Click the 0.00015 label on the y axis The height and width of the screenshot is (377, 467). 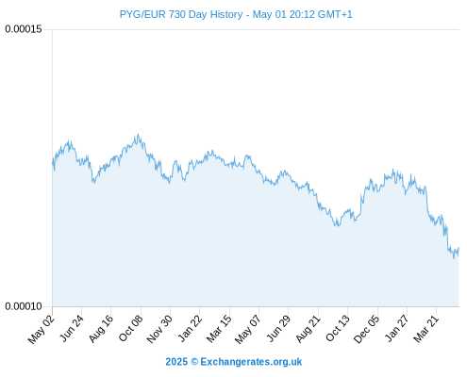(24, 29)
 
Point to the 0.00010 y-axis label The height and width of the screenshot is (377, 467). (24, 306)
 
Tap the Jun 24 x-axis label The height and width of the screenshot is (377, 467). (72, 328)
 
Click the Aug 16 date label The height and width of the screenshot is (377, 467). (101, 329)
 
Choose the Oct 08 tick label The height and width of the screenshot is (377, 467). (130, 328)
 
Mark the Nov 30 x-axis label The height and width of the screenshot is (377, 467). (159, 329)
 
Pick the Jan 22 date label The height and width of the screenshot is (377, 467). (190, 328)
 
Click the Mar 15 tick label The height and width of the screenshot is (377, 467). (219, 329)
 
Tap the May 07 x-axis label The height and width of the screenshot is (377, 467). (248, 329)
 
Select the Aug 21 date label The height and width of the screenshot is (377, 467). (308, 329)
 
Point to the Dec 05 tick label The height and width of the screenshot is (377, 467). (366, 329)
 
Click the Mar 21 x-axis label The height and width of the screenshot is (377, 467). (425, 329)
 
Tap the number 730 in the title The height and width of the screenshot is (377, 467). (176, 14)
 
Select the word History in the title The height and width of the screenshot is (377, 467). (226, 15)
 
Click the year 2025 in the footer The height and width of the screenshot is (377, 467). (176, 362)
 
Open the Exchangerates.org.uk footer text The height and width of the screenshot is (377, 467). (251, 362)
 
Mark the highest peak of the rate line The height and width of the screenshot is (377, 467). (138, 134)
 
